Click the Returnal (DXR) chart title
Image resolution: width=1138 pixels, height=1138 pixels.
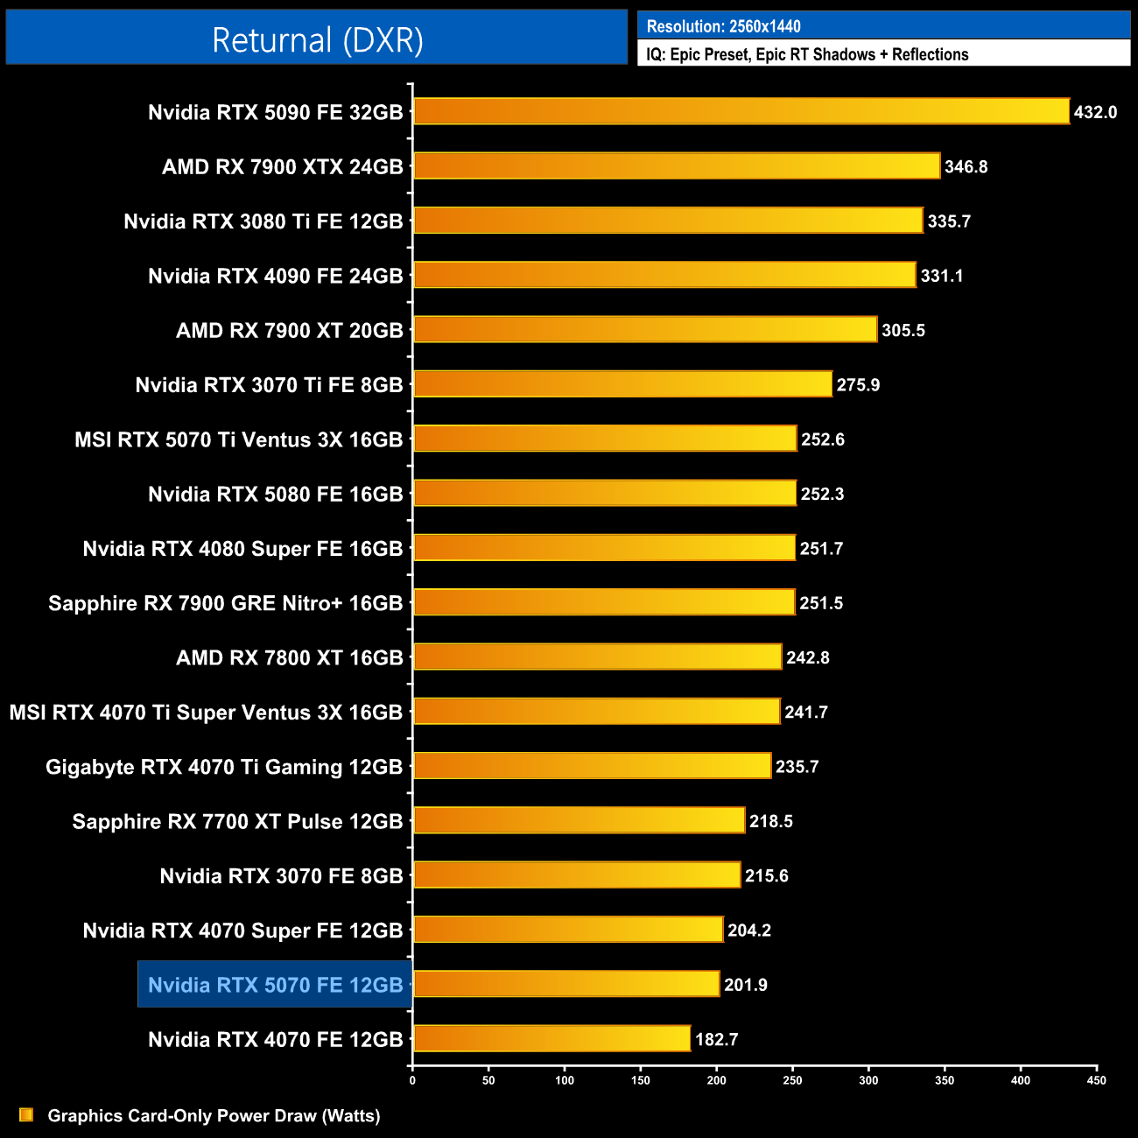point(317,40)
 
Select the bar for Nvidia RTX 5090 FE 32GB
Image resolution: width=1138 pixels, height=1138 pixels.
point(741,111)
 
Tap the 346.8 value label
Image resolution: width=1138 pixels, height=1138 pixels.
point(966,166)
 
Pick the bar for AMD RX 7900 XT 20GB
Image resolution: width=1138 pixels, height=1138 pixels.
point(644,329)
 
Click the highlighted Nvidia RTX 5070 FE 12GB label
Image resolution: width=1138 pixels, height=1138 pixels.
point(275,985)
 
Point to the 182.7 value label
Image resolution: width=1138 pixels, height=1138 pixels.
point(716,1039)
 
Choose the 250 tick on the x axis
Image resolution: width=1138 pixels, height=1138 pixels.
point(792,1080)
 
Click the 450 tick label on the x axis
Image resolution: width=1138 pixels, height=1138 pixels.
point(1096,1080)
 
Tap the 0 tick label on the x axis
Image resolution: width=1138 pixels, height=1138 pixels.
point(412,1080)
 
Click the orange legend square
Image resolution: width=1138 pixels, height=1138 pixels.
point(26,1114)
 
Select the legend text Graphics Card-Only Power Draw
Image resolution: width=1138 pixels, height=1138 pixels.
point(214,1115)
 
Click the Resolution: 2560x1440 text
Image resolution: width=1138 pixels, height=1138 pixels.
point(723,26)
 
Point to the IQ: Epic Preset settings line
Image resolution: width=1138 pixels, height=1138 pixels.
point(807,54)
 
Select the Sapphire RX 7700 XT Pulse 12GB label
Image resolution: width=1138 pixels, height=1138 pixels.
point(237,821)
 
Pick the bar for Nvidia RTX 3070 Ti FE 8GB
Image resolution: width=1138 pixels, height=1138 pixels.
point(622,383)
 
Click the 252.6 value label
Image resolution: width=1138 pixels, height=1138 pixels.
point(822,439)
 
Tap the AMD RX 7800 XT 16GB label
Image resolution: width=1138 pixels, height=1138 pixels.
point(289,657)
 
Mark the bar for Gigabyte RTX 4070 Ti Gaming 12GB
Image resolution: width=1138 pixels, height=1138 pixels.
point(592,766)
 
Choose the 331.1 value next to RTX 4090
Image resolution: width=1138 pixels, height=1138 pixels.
point(941,276)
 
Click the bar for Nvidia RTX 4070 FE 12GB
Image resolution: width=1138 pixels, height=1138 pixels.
point(551,1038)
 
